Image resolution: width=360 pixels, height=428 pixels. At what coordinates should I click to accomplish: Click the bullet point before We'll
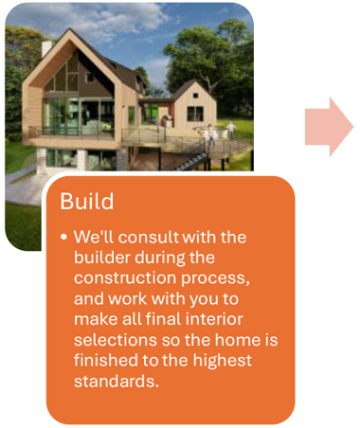pos(63,237)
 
